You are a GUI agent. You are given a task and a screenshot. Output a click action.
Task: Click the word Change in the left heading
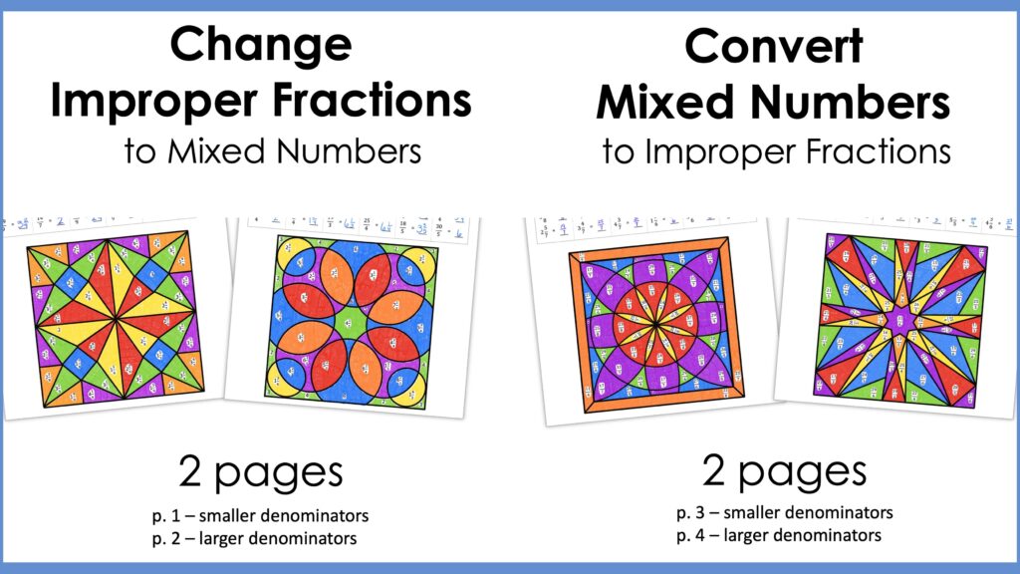coord(260,45)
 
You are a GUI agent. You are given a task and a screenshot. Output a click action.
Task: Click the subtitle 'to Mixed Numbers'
coord(272,151)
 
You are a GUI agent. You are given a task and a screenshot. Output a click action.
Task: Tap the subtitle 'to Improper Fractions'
coord(777,151)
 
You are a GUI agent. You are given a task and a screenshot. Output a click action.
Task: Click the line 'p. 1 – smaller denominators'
coord(260,517)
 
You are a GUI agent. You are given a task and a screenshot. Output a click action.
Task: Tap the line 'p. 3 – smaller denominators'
coord(784,513)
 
